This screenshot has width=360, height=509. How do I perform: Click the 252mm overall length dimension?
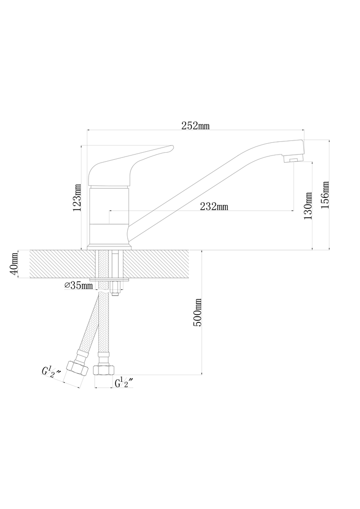(195, 126)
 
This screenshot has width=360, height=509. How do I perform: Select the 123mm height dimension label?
(77, 197)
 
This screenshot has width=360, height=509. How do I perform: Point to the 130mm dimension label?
(308, 206)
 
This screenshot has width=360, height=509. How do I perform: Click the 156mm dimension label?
(325, 195)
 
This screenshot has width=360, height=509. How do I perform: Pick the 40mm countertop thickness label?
(14, 264)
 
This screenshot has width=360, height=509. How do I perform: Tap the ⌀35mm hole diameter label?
(79, 286)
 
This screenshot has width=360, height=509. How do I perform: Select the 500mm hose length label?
(198, 312)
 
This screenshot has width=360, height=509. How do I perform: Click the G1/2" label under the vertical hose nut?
(125, 383)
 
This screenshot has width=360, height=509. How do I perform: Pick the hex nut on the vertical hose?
(104, 370)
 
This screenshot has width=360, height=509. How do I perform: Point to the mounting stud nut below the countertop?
(115, 288)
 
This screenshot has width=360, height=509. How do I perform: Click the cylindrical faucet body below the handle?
(109, 215)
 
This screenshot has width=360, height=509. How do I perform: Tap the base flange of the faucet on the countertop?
(109, 247)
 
